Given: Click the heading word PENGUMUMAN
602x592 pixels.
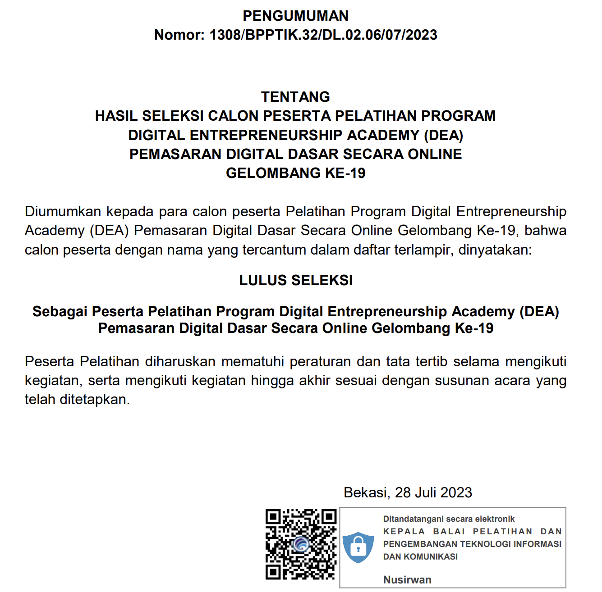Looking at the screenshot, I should [295, 16].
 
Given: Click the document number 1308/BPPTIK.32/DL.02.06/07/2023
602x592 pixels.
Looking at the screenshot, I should [323, 35].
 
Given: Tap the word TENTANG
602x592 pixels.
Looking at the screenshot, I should [295, 97].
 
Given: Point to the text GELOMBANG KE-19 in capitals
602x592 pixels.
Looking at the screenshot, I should [295, 173].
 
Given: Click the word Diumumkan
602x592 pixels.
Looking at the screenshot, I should [63, 211].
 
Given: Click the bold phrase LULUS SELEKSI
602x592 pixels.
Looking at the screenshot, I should [296, 280].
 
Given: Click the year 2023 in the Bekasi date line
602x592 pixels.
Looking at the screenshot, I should [456, 492].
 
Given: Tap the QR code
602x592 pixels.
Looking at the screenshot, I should [301, 544].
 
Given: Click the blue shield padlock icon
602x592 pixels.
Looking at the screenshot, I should [358, 547].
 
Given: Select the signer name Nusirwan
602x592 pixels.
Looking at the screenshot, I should [407, 580].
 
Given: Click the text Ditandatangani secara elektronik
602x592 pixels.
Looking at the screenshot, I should [449, 519].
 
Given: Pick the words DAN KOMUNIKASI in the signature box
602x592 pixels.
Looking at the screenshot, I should [420, 557].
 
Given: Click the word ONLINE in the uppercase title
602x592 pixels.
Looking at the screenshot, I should [435, 154].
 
